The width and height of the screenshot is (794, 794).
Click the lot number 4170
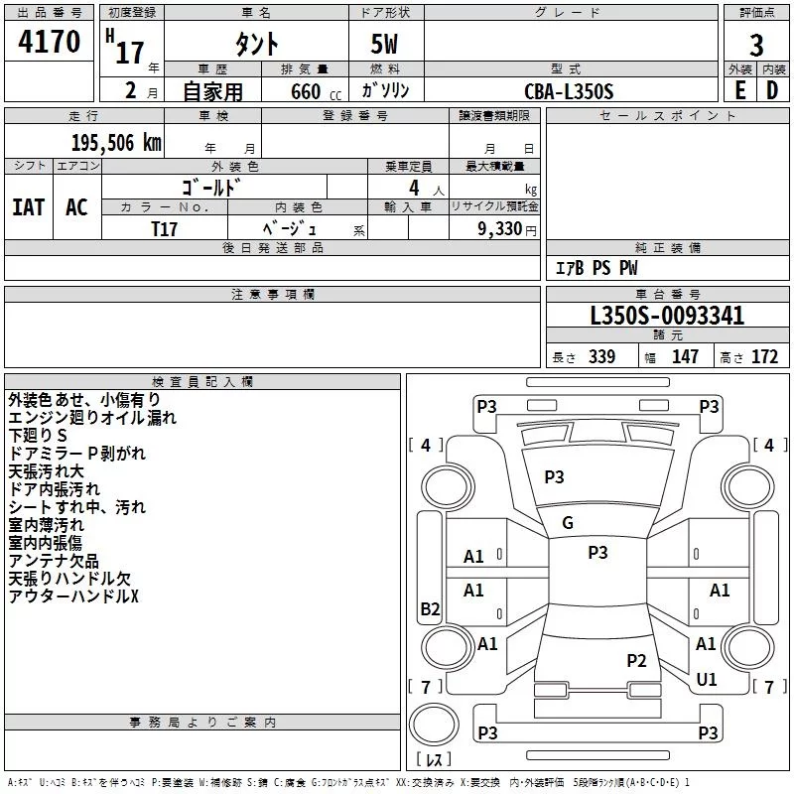tap(49, 41)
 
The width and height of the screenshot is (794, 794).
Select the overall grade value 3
tap(756, 45)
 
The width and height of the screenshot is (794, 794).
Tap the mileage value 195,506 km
tap(116, 143)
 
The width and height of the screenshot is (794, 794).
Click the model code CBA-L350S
tap(569, 91)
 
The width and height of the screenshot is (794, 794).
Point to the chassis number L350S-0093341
tap(667, 316)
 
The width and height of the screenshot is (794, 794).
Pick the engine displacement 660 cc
tap(316, 91)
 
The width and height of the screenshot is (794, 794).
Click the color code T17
tap(164, 229)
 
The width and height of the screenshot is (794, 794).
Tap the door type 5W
tap(384, 44)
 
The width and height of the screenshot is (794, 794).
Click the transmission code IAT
tap(28, 207)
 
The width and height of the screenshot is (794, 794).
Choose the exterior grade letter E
tap(740, 90)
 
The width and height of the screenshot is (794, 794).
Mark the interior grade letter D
tap(772, 90)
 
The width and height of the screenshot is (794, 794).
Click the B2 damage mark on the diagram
tap(430, 608)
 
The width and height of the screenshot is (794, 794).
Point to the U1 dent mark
tap(707, 679)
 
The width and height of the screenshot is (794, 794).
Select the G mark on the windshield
tap(568, 523)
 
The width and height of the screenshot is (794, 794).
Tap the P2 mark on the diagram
tap(636, 660)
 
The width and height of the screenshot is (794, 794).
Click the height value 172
tap(764, 357)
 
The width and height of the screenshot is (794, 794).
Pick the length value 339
tap(602, 357)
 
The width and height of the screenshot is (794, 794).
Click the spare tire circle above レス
tap(434, 724)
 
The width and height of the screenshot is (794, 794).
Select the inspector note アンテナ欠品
tap(54, 561)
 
